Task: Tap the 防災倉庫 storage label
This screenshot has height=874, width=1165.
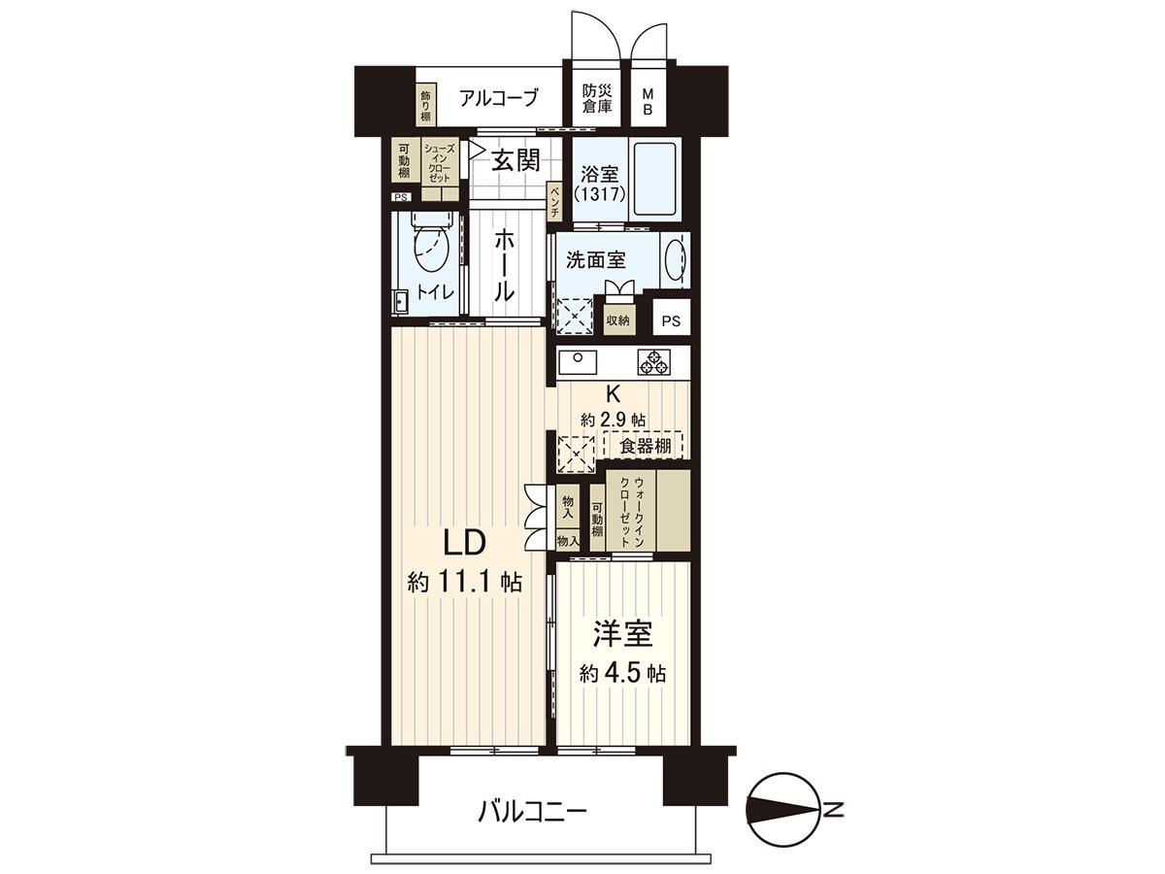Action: [597, 98]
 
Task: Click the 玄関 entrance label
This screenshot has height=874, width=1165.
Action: [514, 161]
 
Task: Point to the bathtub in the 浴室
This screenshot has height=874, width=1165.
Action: [656, 181]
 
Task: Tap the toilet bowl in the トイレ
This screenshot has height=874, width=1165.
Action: [428, 250]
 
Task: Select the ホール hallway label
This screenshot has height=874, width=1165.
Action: [505, 266]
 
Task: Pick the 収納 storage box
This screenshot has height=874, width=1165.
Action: [618, 319]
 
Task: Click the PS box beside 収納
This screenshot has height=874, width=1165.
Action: [671, 319]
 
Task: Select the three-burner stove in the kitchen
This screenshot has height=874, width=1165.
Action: [653, 363]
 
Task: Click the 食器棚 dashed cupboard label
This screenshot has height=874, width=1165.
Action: [644, 446]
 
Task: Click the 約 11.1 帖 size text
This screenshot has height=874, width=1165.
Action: [465, 583]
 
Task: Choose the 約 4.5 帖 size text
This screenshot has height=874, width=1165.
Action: [622, 673]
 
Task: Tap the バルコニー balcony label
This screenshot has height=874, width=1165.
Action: [532, 810]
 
